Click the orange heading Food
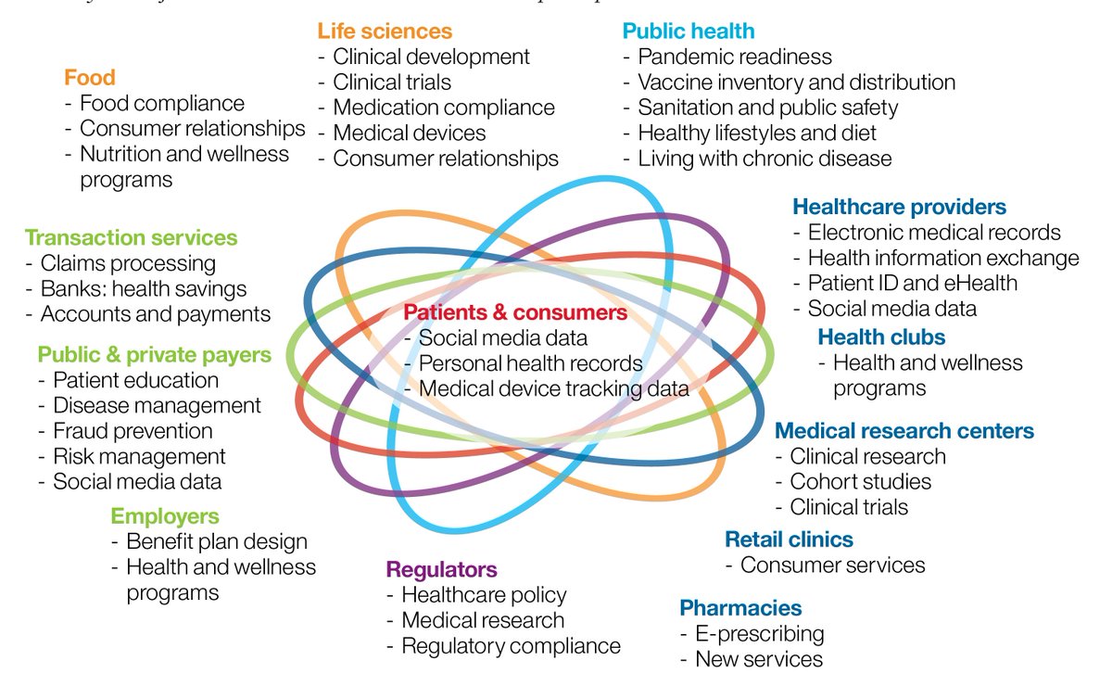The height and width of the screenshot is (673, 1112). (x=90, y=77)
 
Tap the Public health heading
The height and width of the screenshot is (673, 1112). (x=689, y=31)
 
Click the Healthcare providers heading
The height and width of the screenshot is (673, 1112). (x=899, y=207)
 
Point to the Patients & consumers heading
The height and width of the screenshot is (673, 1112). (x=515, y=312)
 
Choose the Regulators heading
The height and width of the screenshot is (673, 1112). (x=441, y=569)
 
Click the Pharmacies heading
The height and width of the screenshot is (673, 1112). (x=740, y=608)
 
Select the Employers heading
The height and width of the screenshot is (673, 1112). (x=165, y=516)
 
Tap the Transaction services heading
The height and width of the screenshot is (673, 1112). (x=131, y=238)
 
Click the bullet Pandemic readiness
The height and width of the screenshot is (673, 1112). (x=735, y=57)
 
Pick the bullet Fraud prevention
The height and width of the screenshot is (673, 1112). (x=133, y=431)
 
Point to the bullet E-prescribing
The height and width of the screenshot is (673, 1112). (x=759, y=634)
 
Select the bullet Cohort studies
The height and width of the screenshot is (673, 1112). (x=860, y=481)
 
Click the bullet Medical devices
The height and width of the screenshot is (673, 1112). (x=409, y=133)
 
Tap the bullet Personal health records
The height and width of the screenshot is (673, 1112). (x=530, y=363)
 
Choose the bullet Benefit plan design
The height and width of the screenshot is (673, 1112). (x=216, y=541)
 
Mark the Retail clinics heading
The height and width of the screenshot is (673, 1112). (x=789, y=540)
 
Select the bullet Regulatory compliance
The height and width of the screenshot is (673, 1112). (x=511, y=645)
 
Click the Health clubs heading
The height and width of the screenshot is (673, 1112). (x=881, y=336)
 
